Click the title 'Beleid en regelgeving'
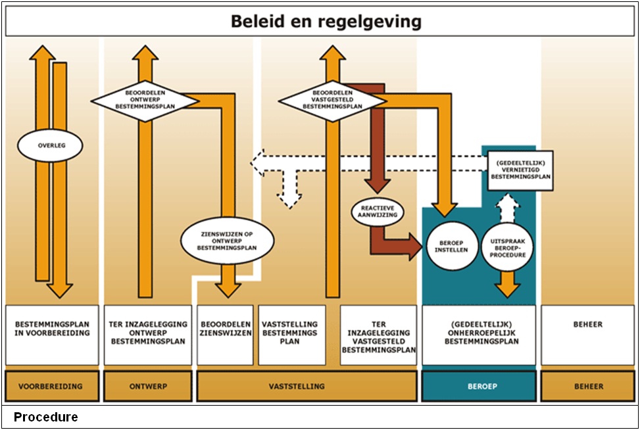[x=326, y=22]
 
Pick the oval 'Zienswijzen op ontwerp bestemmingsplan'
[x=228, y=241]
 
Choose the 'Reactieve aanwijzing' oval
[x=382, y=212]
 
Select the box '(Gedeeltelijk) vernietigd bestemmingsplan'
[x=520, y=169]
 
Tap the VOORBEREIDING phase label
[x=52, y=386]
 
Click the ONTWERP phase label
[x=148, y=386]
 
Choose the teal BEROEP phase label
[x=479, y=386]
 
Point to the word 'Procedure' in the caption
[x=45, y=418]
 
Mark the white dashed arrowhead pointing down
[x=288, y=199]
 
